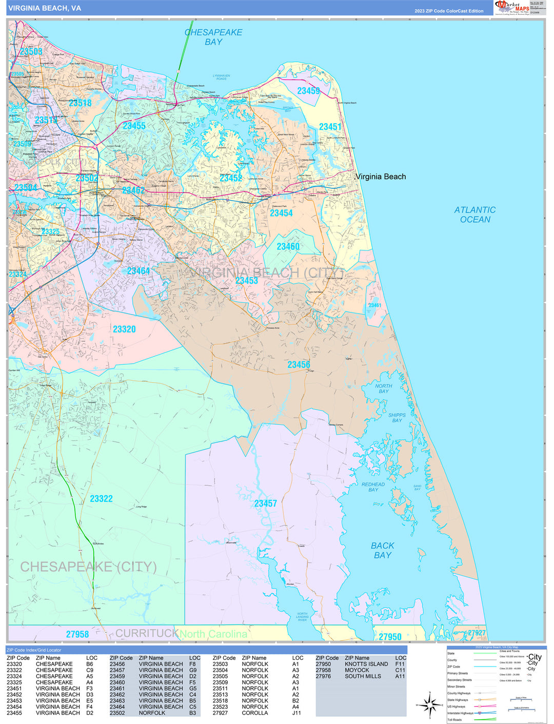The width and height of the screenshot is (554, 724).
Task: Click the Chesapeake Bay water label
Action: tap(213, 37)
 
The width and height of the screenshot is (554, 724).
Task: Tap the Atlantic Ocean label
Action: tap(475, 214)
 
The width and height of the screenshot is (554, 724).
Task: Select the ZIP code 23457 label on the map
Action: tap(265, 503)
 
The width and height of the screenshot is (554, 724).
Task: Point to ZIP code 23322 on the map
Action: tap(101, 498)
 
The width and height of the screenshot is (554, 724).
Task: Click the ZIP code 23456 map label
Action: tap(299, 364)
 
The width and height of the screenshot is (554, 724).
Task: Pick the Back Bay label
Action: tap(383, 550)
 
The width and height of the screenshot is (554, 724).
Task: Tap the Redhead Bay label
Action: tap(373, 487)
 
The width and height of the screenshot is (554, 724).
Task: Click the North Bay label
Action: tap(383, 388)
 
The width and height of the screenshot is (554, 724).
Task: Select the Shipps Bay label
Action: tap(397, 418)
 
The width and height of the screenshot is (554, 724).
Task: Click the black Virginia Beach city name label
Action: tap(381, 177)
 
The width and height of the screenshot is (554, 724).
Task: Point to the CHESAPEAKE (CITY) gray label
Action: tap(88, 566)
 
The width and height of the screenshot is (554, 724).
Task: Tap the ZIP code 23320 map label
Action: tap(124, 329)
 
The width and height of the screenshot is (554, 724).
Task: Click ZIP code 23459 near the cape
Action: tap(308, 91)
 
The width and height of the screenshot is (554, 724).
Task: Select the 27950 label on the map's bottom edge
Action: tap(390, 636)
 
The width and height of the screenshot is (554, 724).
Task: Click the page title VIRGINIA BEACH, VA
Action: tap(45, 8)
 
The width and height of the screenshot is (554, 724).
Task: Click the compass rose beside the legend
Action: tap(430, 706)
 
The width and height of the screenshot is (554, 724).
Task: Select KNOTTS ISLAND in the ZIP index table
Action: tap(366, 664)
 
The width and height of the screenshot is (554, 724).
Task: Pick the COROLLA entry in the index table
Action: tap(254, 713)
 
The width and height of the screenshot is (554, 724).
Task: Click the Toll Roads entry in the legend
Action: tap(454, 719)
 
